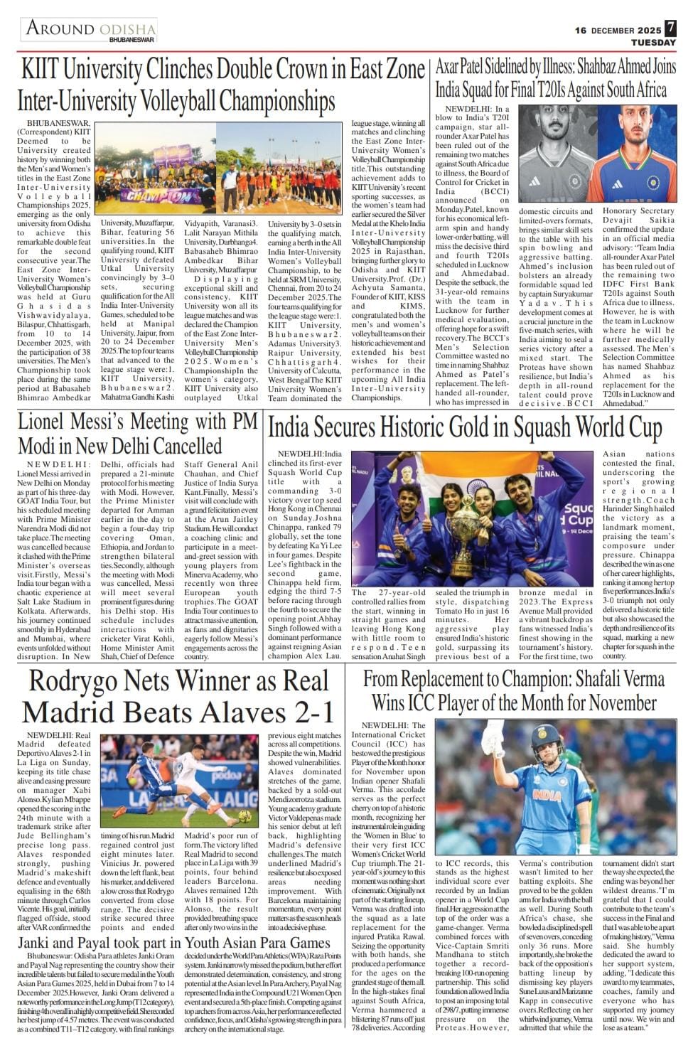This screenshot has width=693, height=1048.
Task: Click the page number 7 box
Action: [671, 29]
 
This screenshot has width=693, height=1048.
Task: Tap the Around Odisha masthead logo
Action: [91, 31]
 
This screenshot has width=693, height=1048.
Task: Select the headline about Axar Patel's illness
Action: [555, 79]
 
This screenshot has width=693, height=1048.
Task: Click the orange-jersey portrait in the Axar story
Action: [637, 164]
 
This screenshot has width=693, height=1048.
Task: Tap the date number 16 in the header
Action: [580, 30]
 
